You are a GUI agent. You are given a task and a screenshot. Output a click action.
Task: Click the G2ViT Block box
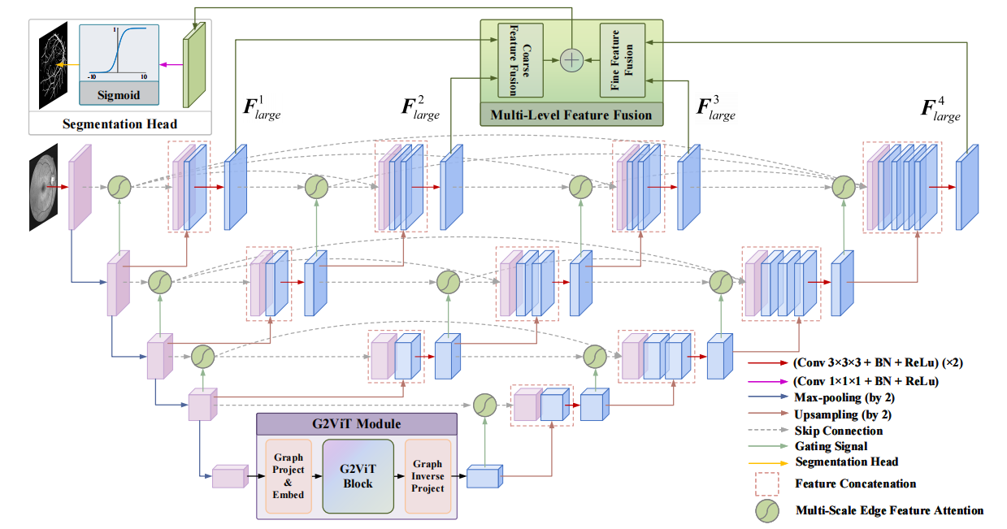point(358,476)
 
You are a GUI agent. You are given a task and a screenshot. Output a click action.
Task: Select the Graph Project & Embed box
point(289,476)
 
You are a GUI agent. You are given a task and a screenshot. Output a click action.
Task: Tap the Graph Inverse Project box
point(428,476)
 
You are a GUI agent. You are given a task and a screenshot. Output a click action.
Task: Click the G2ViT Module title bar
point(358,424)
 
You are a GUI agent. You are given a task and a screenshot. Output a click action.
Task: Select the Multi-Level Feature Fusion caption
point(571,115)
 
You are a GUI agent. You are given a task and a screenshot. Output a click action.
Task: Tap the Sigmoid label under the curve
point(119,94)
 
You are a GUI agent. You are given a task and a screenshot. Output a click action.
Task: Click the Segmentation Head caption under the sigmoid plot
point(119,124)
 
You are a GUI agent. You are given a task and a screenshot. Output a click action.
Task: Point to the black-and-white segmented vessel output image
point(54,66)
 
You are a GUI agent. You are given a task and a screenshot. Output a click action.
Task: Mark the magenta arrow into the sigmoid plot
point(169,65)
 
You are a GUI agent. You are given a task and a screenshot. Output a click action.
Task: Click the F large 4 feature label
point(941,111)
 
